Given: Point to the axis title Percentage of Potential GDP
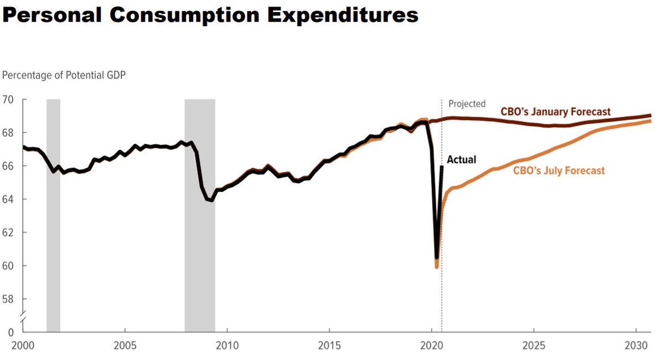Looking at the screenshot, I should (x=64, y=75).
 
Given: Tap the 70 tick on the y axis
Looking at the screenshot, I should (x=9, y=100).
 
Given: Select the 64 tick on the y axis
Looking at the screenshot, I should (x=9, y=199).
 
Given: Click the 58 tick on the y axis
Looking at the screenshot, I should (x=9, y=299).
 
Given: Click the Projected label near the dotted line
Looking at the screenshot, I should (x=466, y=104).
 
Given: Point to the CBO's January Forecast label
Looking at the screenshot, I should (x=556, y=112).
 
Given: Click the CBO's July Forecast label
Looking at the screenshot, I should (x=559, y=171).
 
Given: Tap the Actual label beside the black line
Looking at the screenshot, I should (x=461, y=160).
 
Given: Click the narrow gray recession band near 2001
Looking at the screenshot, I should (x=53, y=216).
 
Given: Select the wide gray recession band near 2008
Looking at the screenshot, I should (x=200, y=216).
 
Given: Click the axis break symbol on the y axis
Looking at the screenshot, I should (x=23, y=317).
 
